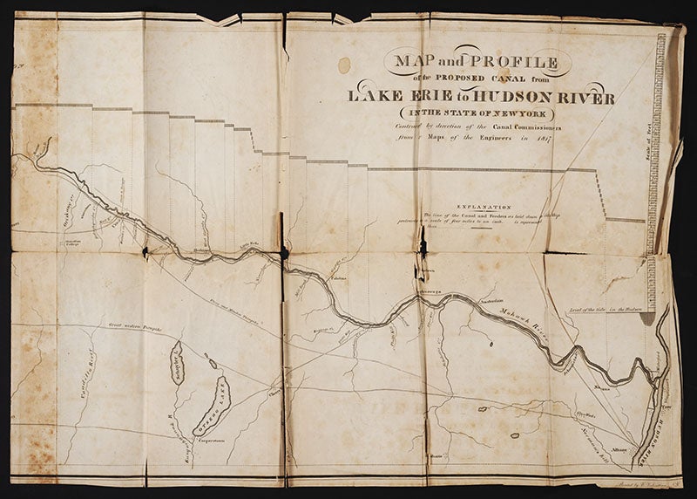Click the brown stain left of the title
344,64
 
